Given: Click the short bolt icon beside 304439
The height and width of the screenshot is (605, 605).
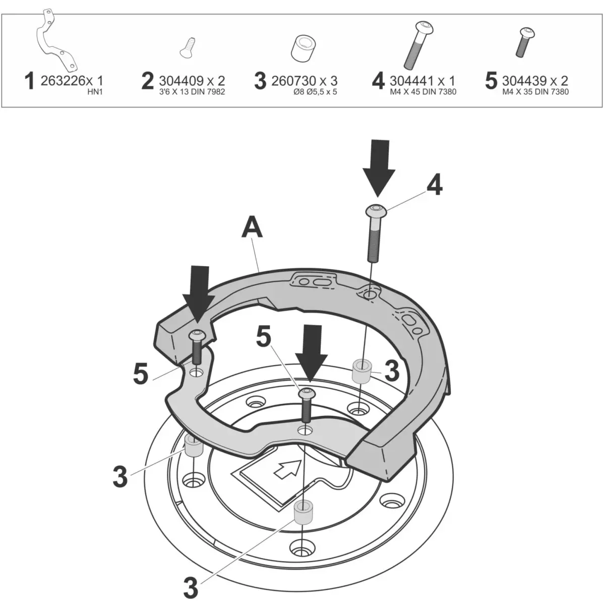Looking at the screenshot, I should coord(525,42).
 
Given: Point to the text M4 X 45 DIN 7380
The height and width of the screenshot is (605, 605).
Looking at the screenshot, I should coord(423,92).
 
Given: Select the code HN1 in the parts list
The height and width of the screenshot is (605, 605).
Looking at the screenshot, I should coord(95,93).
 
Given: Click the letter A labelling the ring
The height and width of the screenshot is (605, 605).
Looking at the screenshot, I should coord(253,228).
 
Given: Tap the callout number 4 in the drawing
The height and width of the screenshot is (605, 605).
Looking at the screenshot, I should coord(434,186).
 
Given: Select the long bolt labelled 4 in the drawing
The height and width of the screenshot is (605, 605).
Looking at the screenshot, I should coord(374,232).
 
